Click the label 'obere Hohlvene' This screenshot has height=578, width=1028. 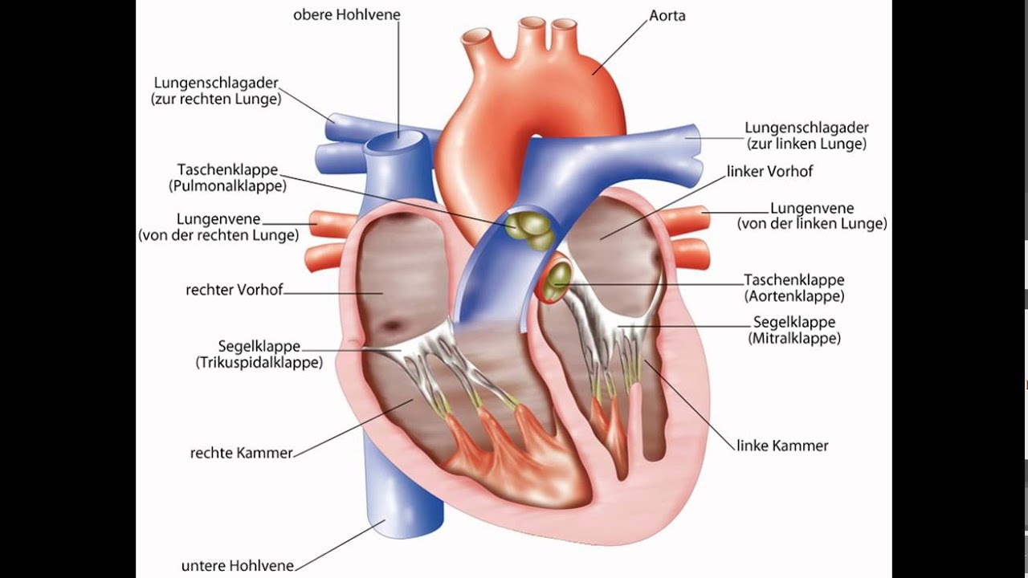pyautogui.click(x=346, y=14)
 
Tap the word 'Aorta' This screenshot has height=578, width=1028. pyautogui.click(x=667, y=15)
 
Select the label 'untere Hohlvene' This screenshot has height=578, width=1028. pyautogui.click(x=237, y=566)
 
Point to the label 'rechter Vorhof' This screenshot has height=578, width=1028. pyautogui.click(x=234, y=290)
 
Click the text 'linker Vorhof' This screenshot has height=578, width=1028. pyautogui.click(x=769, y=171)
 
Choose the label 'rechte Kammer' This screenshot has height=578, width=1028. pyautogui.click(x=241, y=454)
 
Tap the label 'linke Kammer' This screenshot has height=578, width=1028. pyautogui.click(x=782, y=446)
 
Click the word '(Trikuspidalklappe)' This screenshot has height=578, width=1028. pyautogui.click(x=259, y=362)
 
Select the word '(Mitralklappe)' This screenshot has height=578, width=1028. pyautogui.click(x=794, y=339)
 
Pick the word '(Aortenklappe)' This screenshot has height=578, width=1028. pyautogui.click(x=794, y=296)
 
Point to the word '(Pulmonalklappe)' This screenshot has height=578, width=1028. pyautogui.click(x=227, y=186)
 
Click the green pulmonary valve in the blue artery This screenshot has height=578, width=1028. pyautogui.click(x=531, y=230)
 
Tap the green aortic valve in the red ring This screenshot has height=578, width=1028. pyautogui.click(x=557, y=281)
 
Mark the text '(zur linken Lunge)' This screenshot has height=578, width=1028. pyautogui.click(x=806, y=144)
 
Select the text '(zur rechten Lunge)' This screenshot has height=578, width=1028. pyautogui.click(x=216, y=99)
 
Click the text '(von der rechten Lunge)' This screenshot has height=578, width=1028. pyautogui.click(x=218, y=235)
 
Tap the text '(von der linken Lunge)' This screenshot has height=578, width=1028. pyautogui.click(x=812, y=223)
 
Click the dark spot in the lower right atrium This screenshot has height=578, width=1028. pyautogui.click(x=393, y=325)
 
